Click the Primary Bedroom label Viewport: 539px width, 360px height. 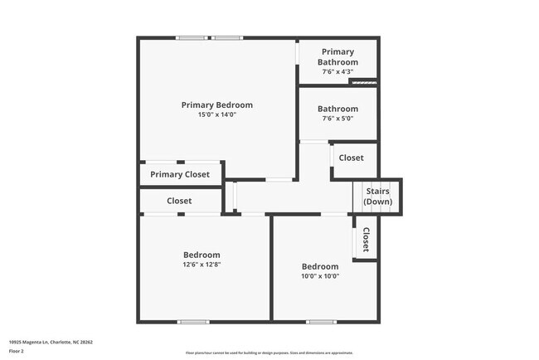click(216, 105)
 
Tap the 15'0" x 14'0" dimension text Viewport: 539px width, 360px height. click(216, 115)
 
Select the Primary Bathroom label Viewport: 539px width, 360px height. click(337, 57)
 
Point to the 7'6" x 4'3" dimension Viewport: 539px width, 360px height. click(337, 72)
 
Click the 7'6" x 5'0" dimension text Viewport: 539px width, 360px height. click(337, 119)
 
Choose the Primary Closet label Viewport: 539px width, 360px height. click(180, 174)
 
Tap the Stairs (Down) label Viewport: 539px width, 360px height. click(378, 197)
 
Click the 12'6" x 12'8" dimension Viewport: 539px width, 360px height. click(202, 265)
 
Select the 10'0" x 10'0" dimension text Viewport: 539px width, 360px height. click(319, 276)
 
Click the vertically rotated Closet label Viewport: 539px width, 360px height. click(365, 240)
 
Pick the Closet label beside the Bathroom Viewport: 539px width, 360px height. click(351, 158)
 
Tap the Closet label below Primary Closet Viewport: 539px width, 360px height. click(179, 201)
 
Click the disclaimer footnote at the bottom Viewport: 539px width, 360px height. click(269, 353)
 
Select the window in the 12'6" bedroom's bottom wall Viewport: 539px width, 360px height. click(193, 322)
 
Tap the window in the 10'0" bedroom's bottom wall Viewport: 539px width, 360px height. click(321, 322)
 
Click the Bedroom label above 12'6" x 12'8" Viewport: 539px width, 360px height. click(202, 255)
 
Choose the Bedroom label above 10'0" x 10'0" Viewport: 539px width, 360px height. click(319, 266)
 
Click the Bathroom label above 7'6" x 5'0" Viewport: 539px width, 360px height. click(337, 109)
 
